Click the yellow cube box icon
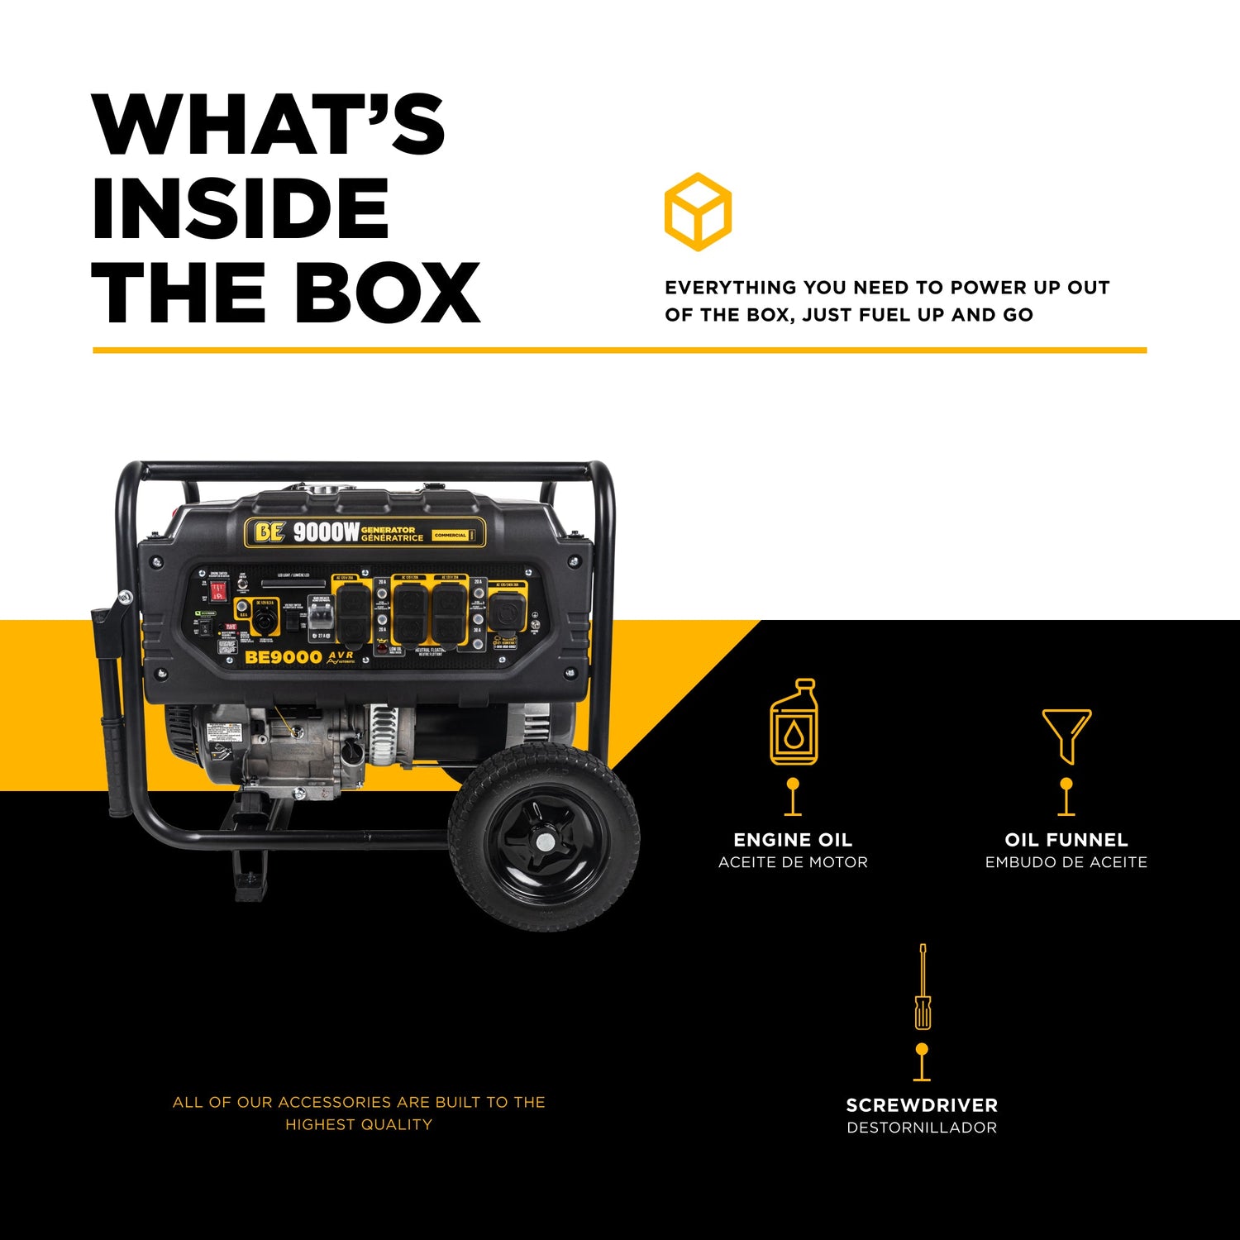point(698,212)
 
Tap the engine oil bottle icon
point(794,723)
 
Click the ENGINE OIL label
point(793,840)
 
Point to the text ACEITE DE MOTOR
point(793,862)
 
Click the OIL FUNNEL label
point(1066,840)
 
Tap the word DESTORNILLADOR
point(922,1128)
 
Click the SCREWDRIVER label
point(922,1105)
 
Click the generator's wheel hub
point(545,842)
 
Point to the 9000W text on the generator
point(326,532)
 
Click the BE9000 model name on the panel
point(283,658)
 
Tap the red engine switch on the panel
point(217,591)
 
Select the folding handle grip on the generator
point(114,744)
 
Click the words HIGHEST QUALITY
point(359,1124)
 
